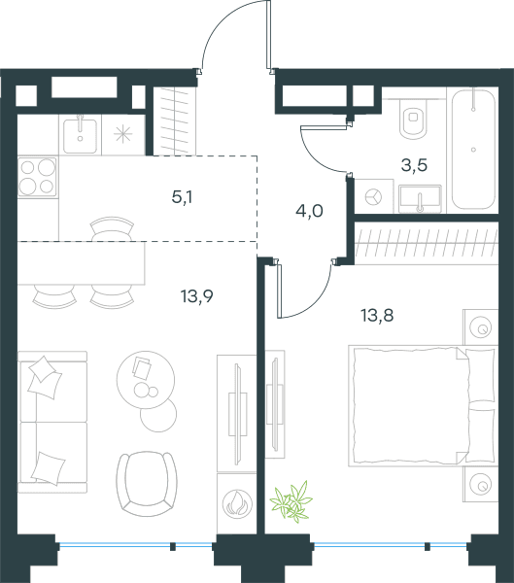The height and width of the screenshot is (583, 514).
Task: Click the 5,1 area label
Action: pyautogui.click(x=182, y=198)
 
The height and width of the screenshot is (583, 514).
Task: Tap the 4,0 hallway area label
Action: pyautogui.click(x=309, y=212)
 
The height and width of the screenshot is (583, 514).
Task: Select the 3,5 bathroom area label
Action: pyautogui.click(x=414, y=165)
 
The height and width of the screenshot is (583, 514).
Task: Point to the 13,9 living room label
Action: pyautogui.click(x=196, y=296)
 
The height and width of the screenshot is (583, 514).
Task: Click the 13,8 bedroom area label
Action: pyautogui.click(x=377, y=315)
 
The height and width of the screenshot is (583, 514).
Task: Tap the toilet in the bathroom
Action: pyautogui.click(x=414, y=119)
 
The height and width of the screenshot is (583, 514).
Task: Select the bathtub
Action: pyautogui.click(x=473, y=149)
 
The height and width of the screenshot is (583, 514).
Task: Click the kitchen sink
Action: pyautogui.click(x=81, y=135)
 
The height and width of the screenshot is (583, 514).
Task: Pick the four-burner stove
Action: pyautogui.click(x=37, y=177)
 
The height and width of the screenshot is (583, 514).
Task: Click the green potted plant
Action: pyautogui.click(x=291, y=501)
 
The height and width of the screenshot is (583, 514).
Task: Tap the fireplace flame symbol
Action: pyautogui.click(x=237, y=503)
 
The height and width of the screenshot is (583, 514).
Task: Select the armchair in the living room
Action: pyautogui.click(x=147, y=484)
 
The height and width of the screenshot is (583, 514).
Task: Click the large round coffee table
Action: pyautogui.click(x=146, y=380)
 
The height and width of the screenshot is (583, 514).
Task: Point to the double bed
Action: pyautogui.click(x=423, y=406)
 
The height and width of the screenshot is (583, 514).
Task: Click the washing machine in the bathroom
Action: pyautogui.click(x=373, y=196)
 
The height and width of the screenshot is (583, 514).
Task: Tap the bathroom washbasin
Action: pyautogui.click(x=421, y=199)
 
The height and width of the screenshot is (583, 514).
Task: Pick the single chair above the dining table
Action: pyautogui.click(x=113, y=228)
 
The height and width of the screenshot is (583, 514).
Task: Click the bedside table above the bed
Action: pyautogui.click(x=481, y=326)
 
